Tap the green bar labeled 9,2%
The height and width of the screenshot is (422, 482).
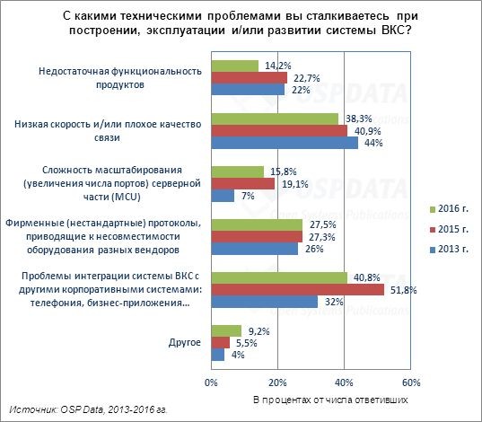tap(226, 330)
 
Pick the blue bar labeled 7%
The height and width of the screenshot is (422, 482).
tap(223, 195)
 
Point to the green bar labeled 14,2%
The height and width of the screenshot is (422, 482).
tap(234, 66)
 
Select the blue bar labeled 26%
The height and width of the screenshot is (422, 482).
tap(254, 249)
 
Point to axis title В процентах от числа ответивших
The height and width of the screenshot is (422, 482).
tap(322, 398)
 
